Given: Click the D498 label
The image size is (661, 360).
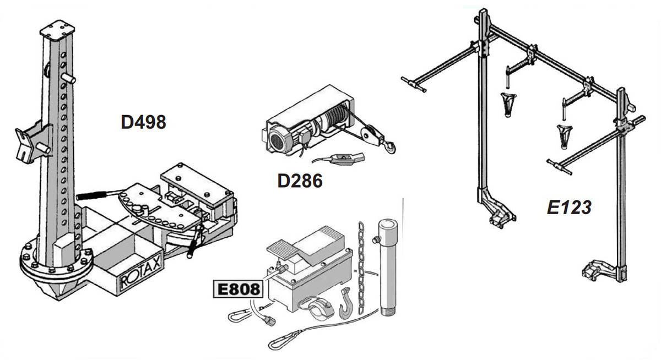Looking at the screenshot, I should pos(143,122).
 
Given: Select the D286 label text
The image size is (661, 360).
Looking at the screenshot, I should pos(300,181).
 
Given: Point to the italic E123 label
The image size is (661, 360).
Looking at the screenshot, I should pos(569,208).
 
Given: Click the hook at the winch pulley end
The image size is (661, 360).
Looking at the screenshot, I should pos(389,146).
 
